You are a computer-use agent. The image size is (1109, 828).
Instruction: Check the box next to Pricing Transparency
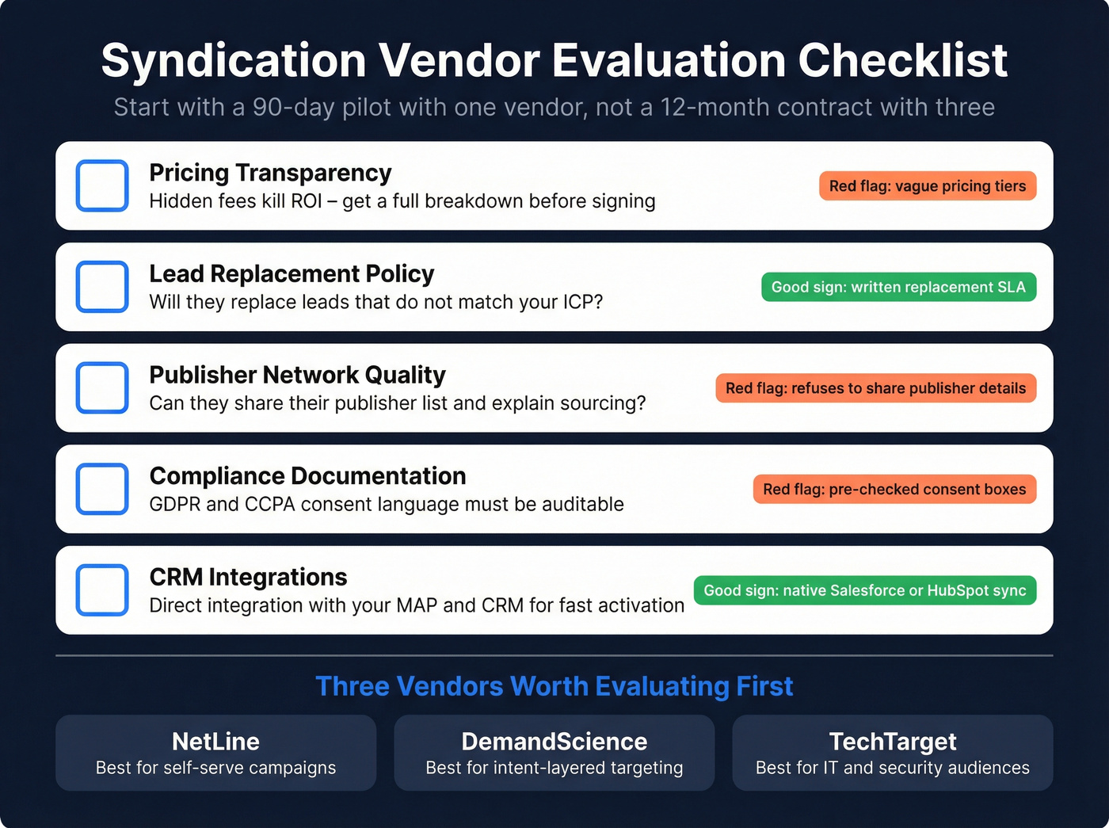(x=102, y=186)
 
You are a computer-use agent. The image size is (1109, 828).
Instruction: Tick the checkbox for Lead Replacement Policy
(x=102, y=287)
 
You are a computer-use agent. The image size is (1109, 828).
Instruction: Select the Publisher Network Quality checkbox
(x=102, y=388)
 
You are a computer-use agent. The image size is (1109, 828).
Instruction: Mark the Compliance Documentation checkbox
(x=102, y=489)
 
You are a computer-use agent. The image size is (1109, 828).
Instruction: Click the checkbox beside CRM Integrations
(x=102, y=590)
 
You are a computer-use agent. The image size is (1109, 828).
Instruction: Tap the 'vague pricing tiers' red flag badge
(x=927, y=186)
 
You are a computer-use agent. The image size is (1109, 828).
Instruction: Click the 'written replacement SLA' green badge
(x=898, y=287)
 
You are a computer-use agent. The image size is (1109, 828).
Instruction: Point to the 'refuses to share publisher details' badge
(x=875, y=388)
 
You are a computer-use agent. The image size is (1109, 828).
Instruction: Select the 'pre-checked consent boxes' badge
(x=894, y=489)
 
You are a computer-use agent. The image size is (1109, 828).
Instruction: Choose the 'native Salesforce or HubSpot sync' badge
(x=864, y=590)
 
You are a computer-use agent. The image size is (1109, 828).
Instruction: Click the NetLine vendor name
(x=215, y=742)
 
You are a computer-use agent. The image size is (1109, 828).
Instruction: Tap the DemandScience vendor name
(x=554, y=742)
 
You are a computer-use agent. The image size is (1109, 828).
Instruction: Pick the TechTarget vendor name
(x=893, y=742)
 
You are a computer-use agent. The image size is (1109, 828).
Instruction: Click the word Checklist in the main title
(x=902, y=60)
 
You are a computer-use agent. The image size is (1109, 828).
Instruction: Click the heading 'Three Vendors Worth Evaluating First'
(x=554, y=686)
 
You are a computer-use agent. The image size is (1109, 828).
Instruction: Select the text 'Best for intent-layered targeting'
(x=554, y=768)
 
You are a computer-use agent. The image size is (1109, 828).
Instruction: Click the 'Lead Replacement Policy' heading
(x=292, y=274)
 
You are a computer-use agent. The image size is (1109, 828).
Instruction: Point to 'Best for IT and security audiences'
(x=893, y=768)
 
